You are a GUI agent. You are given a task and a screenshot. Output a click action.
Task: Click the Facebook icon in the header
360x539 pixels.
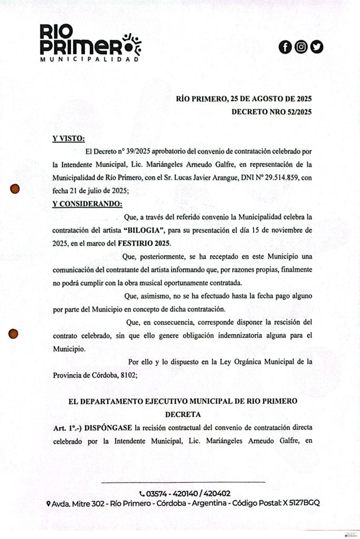point(285,47)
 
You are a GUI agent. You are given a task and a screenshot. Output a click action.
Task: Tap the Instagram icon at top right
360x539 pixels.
point(301,47)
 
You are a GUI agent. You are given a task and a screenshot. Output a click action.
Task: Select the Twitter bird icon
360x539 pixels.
point(317,47)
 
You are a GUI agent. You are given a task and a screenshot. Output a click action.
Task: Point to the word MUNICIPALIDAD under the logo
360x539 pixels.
point(89,59)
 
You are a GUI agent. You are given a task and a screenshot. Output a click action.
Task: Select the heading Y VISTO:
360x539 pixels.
point(68,138)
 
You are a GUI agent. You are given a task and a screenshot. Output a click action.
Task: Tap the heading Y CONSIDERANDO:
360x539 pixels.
point(87,203)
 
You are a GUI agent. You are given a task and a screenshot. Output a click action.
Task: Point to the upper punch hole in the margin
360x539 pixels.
point(15,188)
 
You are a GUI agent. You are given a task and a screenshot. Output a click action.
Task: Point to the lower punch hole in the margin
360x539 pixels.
point(14,333)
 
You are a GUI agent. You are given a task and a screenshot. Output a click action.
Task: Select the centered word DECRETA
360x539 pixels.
point(183,414)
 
